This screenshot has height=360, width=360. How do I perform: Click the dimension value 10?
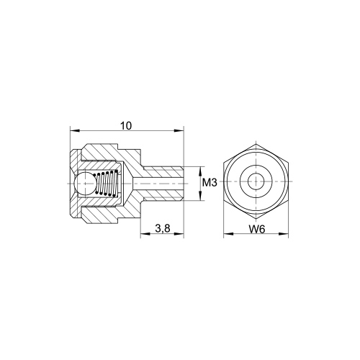tap(126, 126)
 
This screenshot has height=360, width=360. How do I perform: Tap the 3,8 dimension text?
tap(163, 229)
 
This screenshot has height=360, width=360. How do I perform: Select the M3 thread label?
tap(210, 183)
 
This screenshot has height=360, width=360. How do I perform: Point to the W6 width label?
tap(257, 230)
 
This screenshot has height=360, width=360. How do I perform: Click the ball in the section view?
tap(85, 184)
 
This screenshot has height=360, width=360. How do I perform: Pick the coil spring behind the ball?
tap(107, 183)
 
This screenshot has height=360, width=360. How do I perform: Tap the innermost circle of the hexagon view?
tap(256, 181)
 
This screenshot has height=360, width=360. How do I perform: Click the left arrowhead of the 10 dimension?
tap(74, 131)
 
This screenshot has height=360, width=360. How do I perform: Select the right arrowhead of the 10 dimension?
tap(179, 131)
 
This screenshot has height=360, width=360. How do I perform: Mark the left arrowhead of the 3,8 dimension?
tap(145, 233)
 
